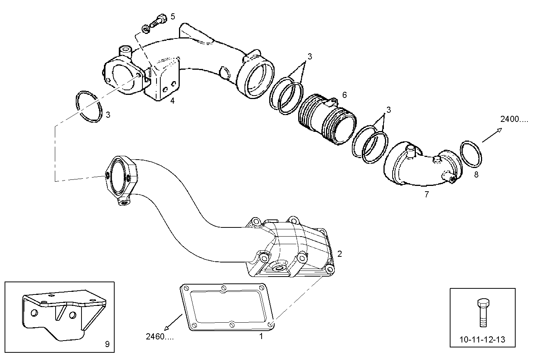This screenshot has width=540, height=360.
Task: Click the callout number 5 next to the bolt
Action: coord(173,16)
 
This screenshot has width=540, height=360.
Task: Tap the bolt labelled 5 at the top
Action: coord(158,20)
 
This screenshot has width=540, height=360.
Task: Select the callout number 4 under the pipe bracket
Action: coord(172,101)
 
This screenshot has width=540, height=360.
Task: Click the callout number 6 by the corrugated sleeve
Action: coord(344,95)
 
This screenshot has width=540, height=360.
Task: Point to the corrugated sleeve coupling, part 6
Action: coord(327,120)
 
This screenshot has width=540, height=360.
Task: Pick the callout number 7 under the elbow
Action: coord(427,195)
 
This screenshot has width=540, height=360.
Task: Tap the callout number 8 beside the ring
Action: coord(476,175)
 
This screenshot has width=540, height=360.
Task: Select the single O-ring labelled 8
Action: coord(472,154)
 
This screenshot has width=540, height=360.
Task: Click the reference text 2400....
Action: coord(514,119)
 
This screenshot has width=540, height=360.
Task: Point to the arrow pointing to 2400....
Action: coord(492,136)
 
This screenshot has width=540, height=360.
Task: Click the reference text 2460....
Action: coord(160,336)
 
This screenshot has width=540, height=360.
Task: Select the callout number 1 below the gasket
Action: coord(261,336)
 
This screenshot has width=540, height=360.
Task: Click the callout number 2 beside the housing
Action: coord(339,254)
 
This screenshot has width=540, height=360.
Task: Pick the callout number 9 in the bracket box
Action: coord(107,344)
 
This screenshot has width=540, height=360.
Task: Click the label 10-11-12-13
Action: coord(483,339)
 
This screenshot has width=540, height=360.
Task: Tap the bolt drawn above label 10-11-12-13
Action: coord(482,312)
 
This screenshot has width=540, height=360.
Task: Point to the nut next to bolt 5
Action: coord(145,29)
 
